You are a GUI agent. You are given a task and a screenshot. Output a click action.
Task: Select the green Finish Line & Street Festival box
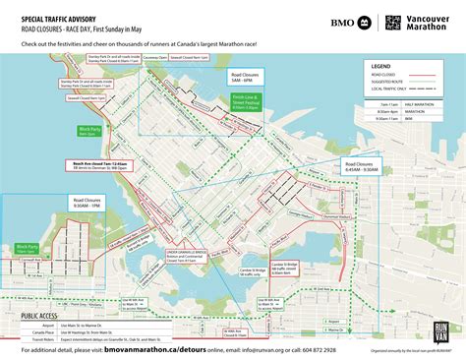(246, 102)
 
